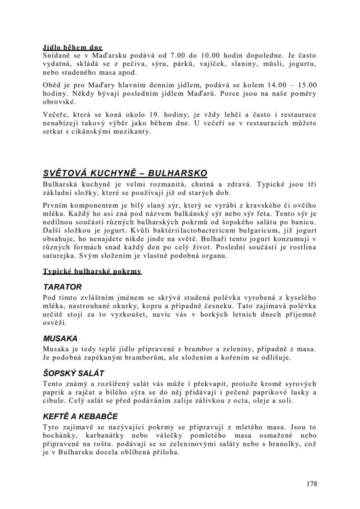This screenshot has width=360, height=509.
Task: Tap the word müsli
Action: (250, 63)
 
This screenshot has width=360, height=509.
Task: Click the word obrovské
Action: (59, 102)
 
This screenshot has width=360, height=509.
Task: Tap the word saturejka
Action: (59, 255)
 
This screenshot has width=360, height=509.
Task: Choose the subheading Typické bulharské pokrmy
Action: (92, 272)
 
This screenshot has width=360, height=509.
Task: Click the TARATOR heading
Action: (62, 287)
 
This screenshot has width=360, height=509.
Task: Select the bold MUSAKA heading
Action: (60, 338)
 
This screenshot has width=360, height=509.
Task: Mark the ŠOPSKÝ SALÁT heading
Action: (73, 373)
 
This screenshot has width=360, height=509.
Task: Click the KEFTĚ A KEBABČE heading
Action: (80, 416)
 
